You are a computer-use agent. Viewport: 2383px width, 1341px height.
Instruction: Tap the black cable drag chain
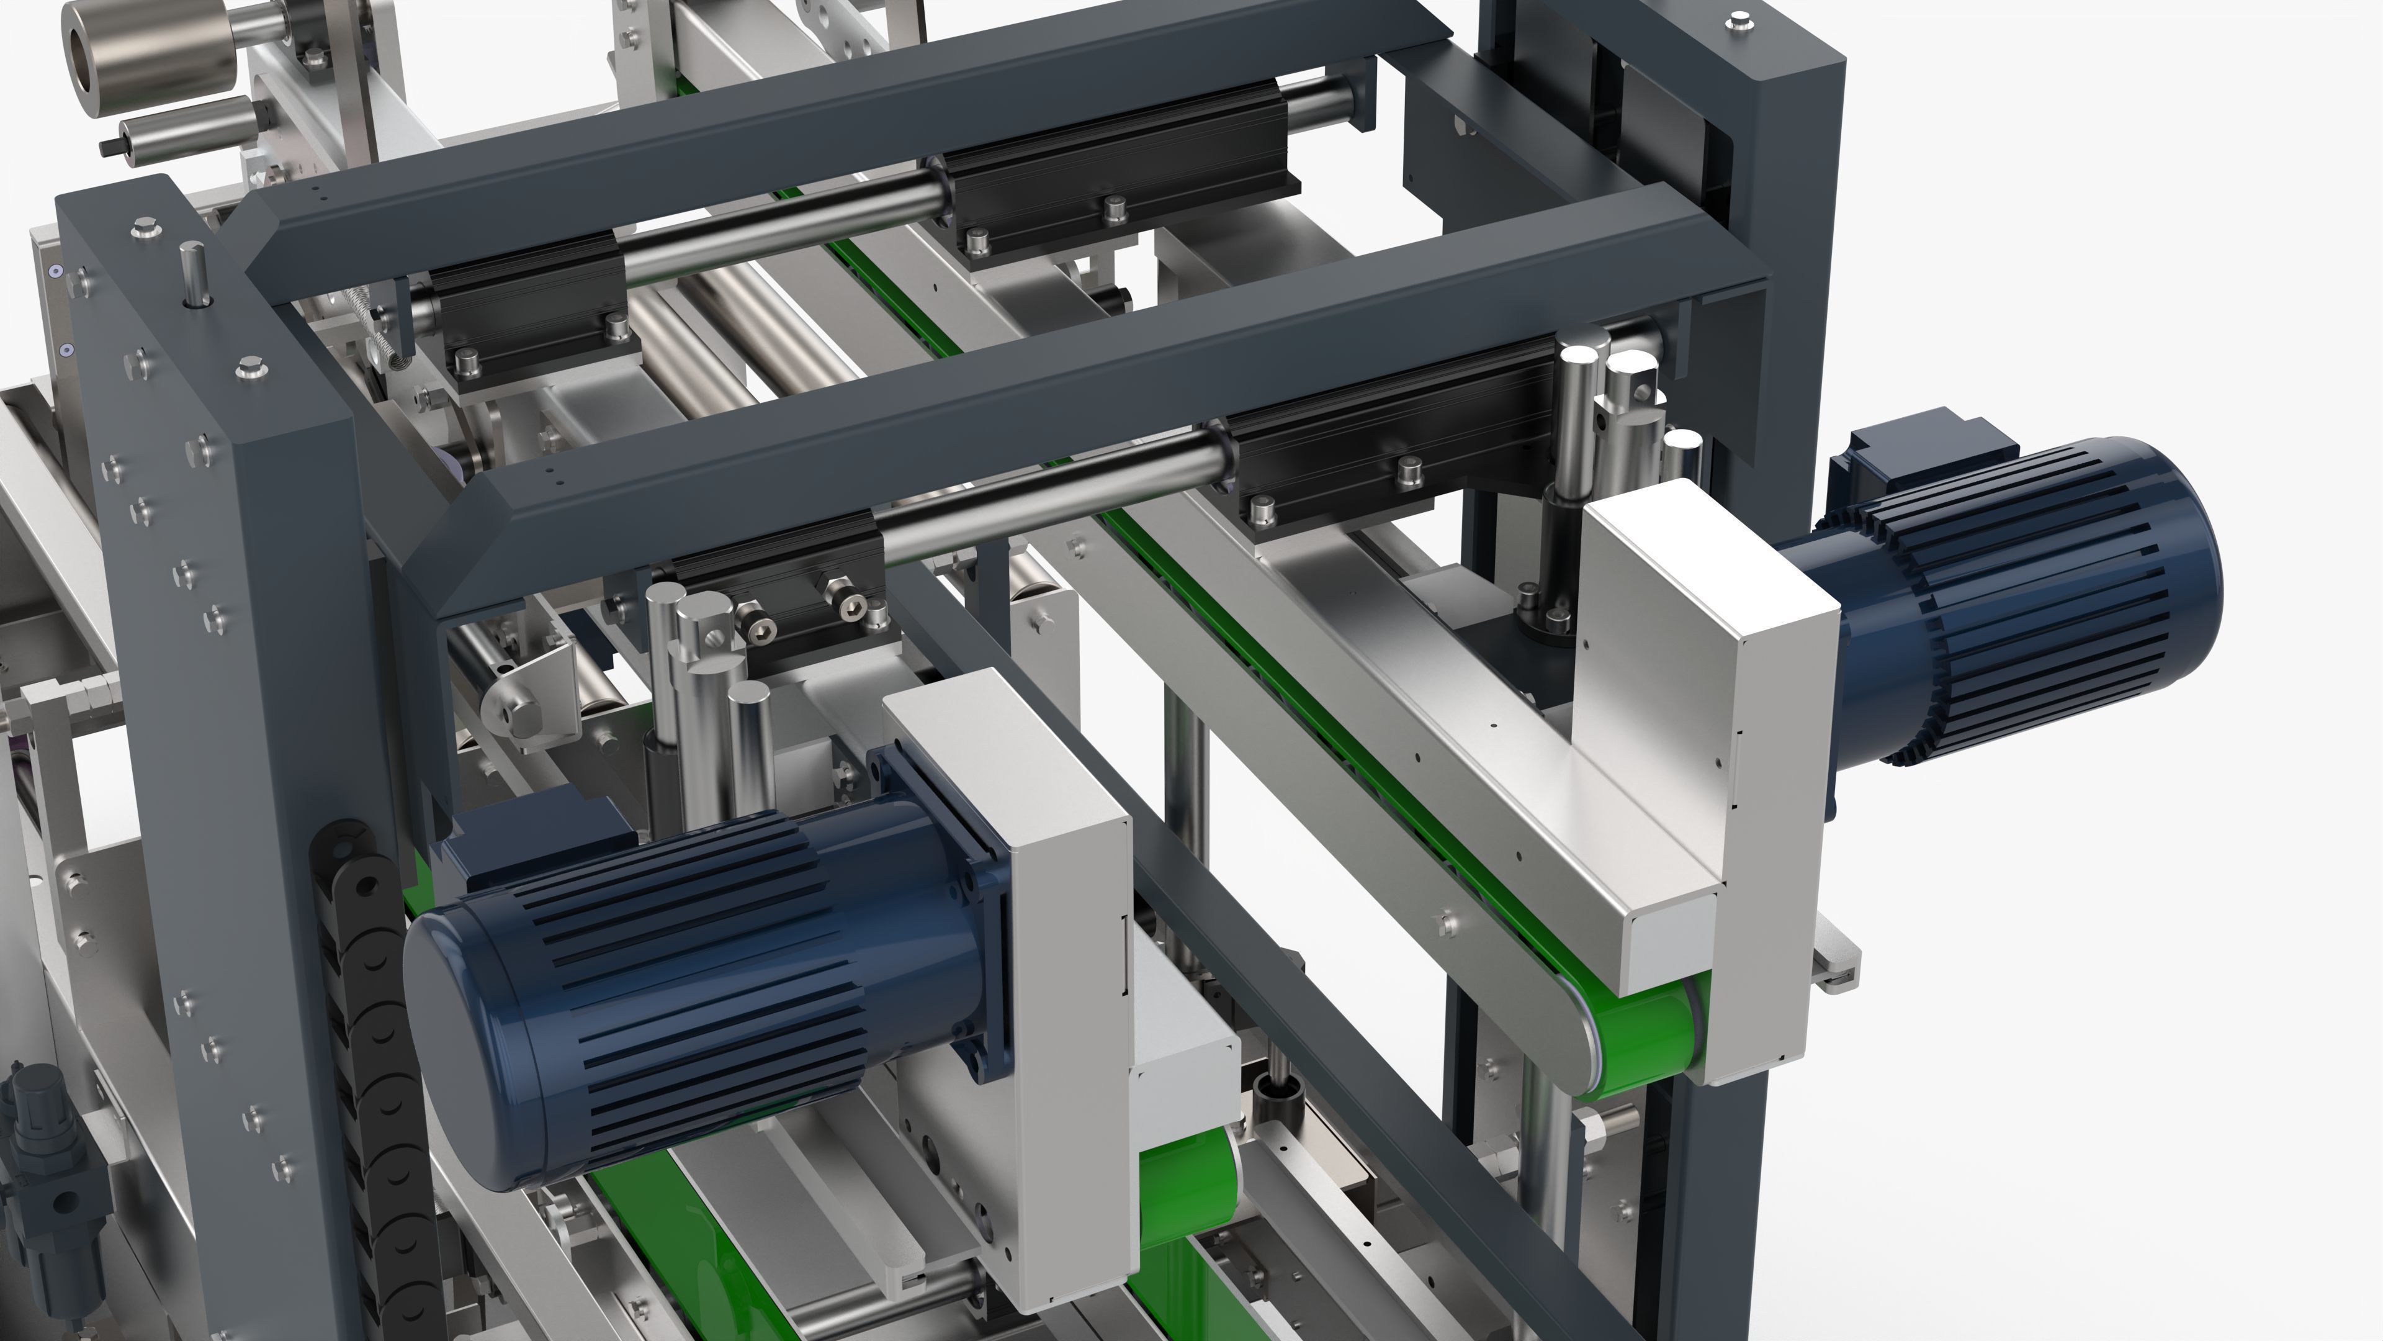370,1064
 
